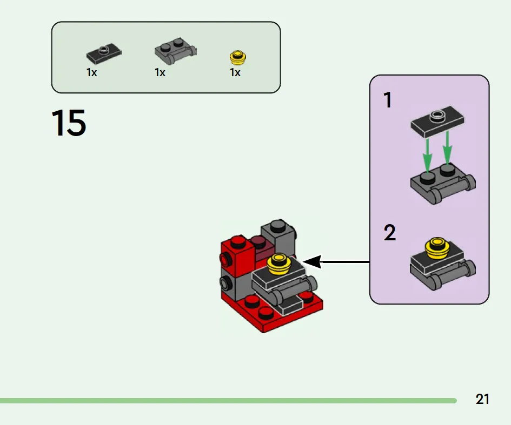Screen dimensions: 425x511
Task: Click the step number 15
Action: click(x=69, y=123)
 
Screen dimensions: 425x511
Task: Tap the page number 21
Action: click(x=482, y=400)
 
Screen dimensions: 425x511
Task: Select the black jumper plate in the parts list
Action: click(x=104, y=53)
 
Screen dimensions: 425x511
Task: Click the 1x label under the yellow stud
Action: click(x=235, y=72)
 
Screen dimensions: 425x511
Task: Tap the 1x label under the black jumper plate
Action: click(x=91, y=72)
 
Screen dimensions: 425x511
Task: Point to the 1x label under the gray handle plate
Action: click(x=160, y=72)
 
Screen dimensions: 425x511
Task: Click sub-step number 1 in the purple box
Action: click(x=387, y=100)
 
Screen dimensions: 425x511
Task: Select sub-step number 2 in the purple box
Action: click(x=389, y=233)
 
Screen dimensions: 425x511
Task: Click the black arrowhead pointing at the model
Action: click(x=312, y=262)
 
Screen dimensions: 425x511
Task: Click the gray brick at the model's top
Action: click(x=278, y=235)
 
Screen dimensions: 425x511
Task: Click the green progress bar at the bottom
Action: click(x=227, y=401)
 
